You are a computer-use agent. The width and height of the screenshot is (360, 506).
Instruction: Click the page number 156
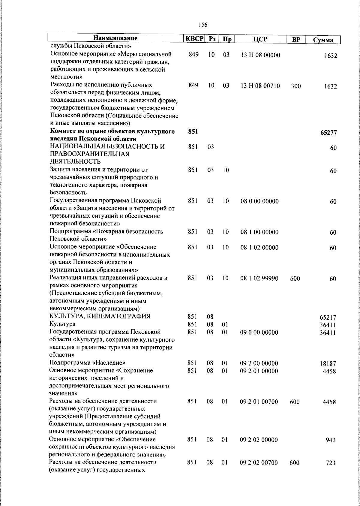(203, 25)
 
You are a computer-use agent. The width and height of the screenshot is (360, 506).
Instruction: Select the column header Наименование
(115, 38)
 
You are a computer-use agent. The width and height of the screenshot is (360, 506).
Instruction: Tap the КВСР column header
(194, 39)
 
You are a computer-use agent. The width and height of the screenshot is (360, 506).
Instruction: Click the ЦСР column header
(260, 39)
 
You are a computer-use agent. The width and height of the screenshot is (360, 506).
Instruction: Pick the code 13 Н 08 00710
(260, 86)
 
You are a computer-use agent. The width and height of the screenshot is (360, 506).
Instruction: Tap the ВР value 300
(296, 86)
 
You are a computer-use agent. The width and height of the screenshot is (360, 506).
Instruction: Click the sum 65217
(328, 317)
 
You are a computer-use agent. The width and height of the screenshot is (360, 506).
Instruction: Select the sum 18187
(328, 363)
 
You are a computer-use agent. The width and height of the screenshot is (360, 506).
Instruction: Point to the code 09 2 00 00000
(259, 363)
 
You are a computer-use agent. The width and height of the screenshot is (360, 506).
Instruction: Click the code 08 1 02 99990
(259, 279)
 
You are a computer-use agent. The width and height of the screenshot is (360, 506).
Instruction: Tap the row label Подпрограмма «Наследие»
(87, 363)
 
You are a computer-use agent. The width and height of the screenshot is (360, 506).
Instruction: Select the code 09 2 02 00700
(259, 463)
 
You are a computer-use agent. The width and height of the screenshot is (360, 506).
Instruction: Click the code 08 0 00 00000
(259, 201)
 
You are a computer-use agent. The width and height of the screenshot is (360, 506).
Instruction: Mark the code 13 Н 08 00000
(260, 55)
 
